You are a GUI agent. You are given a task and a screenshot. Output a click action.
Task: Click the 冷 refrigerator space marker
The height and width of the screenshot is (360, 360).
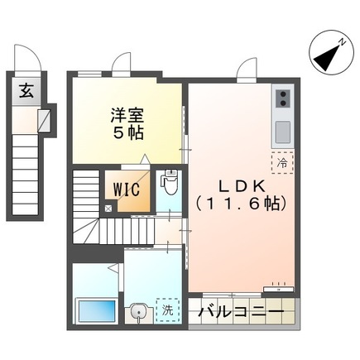click(x=282, y=163)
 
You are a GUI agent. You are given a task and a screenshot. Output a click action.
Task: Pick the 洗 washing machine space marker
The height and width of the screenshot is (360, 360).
click(x=166, y=312)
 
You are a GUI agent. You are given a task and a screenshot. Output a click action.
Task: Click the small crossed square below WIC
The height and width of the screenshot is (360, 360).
click(x=108, y=209)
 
